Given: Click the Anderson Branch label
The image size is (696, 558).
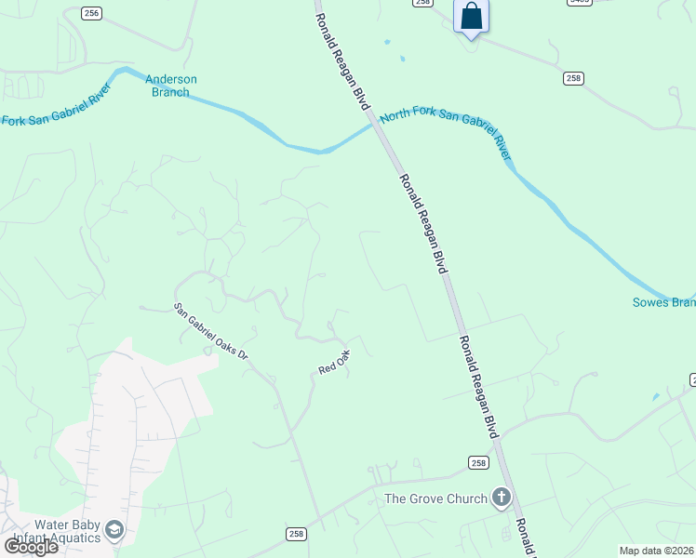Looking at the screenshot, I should (x=171, y=86).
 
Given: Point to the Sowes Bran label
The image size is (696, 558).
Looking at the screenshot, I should (x=663, y=302).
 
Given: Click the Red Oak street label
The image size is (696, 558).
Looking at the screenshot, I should (x=333, y=362).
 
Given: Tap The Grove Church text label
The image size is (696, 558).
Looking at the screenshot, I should (x=435, y=498).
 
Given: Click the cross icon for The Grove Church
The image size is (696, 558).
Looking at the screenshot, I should (x=502, y=498).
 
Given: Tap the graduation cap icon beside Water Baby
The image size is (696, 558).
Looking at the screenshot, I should (x=115, y=530).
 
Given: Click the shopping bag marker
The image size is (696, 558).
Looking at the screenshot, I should (x=472, y=17).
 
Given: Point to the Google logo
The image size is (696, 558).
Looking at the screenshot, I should (x=31, y=547).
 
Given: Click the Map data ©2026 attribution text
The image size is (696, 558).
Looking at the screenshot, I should (x=656, y=551).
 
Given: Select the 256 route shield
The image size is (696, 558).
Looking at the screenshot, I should (x=91, y=12).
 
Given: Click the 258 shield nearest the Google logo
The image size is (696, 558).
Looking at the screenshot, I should (x=296, y=533).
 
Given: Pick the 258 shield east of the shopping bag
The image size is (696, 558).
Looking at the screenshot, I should (x=573, y=78).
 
